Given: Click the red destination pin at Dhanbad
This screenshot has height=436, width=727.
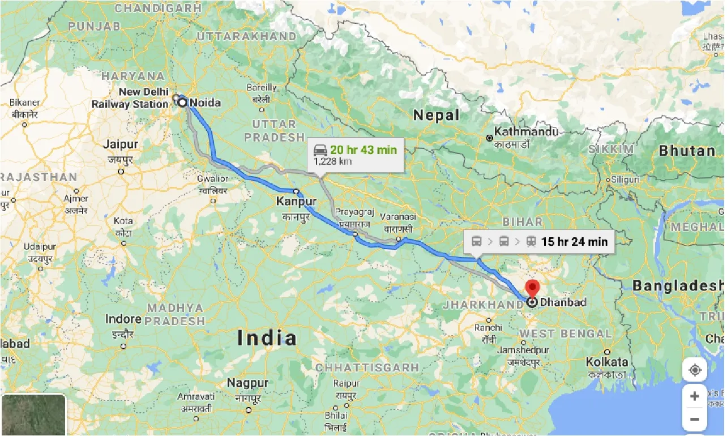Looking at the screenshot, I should click(532, 287).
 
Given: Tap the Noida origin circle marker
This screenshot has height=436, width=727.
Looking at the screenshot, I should click(182, 102).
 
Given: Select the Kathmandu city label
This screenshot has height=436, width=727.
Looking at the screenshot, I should click(526, 132).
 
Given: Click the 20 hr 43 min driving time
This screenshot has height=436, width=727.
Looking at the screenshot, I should click(363, 149).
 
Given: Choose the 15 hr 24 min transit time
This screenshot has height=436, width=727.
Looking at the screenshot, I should click(574, 242).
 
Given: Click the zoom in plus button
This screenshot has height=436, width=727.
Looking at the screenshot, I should click(695, 396).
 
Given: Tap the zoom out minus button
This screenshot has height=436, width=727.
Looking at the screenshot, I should click(695, 420).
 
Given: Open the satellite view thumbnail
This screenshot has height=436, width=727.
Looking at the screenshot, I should click(33, 415).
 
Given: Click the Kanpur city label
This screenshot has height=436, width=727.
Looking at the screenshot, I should click(296, 201).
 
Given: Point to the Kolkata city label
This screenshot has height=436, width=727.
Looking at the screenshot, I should click(607, 361).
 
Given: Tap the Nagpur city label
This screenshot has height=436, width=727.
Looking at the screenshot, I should click(247, 383).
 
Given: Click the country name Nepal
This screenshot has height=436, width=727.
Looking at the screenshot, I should click(436, 115).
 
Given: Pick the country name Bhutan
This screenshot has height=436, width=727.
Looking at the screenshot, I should click(687, 151).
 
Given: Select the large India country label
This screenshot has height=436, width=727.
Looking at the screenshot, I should click(267, 338).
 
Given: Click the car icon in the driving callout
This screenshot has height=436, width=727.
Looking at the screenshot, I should click(320, 149).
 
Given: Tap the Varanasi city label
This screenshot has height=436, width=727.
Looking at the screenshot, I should click(398, 217).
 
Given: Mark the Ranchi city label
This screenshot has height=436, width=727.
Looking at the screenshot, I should click(488, 327).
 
